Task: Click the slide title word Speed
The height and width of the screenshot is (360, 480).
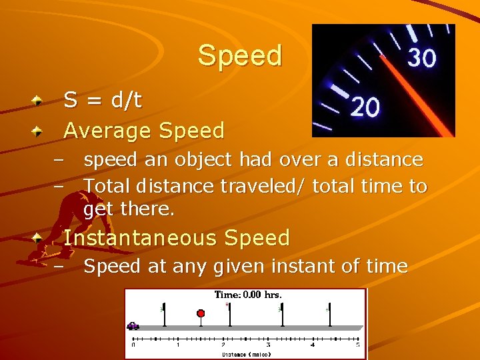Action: tap(240, 55)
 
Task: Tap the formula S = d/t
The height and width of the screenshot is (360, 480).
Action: tap(103, 100)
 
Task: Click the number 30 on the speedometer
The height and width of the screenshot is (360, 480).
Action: tap(421, 59)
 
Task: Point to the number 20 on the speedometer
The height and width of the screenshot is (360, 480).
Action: tap(365, 107)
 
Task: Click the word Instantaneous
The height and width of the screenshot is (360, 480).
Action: tap(141, 237)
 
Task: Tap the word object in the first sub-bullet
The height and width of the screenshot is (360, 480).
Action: tap(207, 160)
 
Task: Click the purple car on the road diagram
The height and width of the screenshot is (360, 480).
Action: tap(133, 326)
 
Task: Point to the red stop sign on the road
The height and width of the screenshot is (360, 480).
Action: tap(201, 313)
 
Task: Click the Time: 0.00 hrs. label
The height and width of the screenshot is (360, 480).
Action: tap(248, 295)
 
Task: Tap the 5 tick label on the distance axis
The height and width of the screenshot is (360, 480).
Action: tap(357, 345)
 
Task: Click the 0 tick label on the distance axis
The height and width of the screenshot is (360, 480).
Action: tap(133, 345)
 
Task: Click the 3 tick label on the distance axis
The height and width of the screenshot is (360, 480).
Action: tap(268, 345)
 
